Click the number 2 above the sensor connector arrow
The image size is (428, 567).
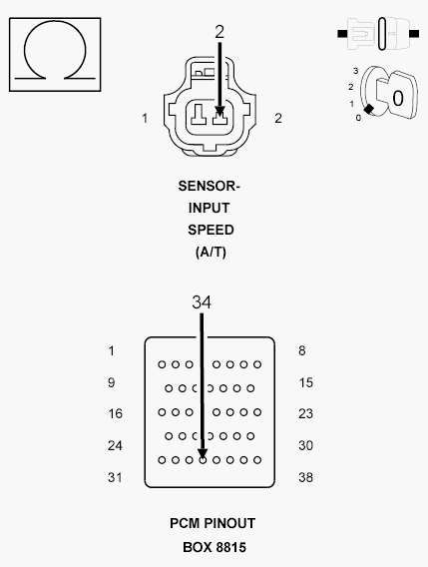[x=219, y=31]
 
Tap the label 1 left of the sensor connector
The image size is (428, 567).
[x=145, y=118]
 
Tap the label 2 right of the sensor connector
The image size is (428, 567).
[x=277, y=118]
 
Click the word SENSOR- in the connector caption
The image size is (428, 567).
[x=210, y=187]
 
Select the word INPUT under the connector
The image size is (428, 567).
[x=210, y=209]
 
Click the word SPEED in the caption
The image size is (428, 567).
[x=210, y=230]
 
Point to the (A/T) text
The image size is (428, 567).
[x=210, y=252]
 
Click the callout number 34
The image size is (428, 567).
[x=202, y=300]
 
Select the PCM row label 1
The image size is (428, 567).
[x=112, y=350]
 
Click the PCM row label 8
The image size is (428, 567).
[x=301, y=350]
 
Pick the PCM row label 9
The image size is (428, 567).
[x=112, y=382]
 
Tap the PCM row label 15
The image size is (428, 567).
[x=305, y=382]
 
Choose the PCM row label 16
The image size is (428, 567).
[x=115, y=413]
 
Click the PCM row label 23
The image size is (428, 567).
[x=305, y=413]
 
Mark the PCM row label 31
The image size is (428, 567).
[x=115, y=477]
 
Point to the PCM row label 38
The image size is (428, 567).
[x=305, y=477]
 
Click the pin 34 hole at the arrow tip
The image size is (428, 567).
[x=203, y=459]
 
